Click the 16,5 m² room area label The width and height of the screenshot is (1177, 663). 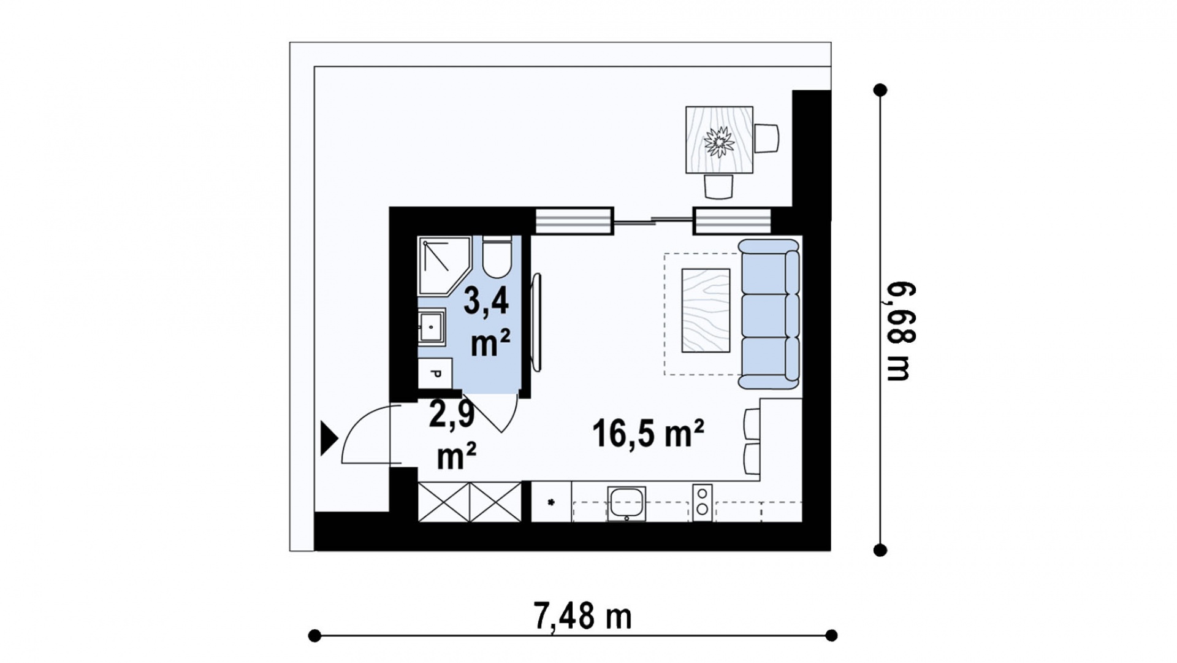(648, 434)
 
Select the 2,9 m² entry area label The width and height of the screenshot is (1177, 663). (454, 435)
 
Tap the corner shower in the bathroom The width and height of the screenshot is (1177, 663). (444, 266)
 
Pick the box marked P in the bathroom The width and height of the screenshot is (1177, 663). (435, 374)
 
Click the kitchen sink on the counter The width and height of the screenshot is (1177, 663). (627, 504)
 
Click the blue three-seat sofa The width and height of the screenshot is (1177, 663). (769, 314)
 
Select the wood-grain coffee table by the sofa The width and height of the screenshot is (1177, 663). (706, 310)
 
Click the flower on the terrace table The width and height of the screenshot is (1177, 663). (719, 142)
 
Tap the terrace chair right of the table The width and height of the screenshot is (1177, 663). (767, 138)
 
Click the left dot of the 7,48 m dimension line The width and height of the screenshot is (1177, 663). (314, 635)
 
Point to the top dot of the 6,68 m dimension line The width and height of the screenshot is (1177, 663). (880, 90)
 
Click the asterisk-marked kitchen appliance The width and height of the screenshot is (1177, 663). (551, 502)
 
